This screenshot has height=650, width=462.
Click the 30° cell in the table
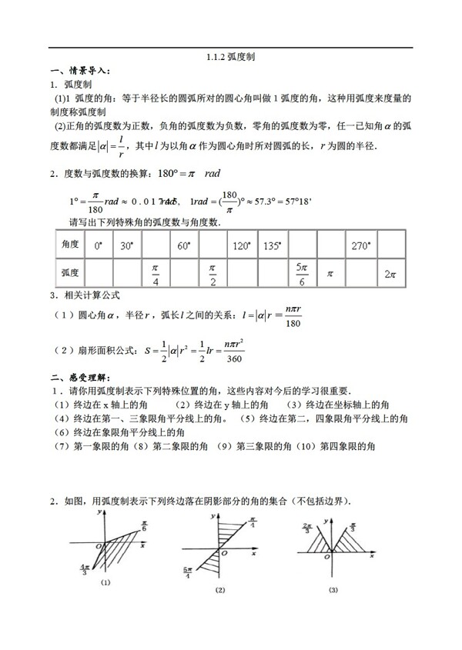127,246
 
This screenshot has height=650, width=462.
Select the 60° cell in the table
183,246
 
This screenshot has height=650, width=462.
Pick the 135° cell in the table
271,246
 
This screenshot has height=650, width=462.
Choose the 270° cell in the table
360,246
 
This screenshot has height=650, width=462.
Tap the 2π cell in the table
390,273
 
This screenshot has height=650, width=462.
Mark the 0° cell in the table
98,246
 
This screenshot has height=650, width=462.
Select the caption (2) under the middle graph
220,590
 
